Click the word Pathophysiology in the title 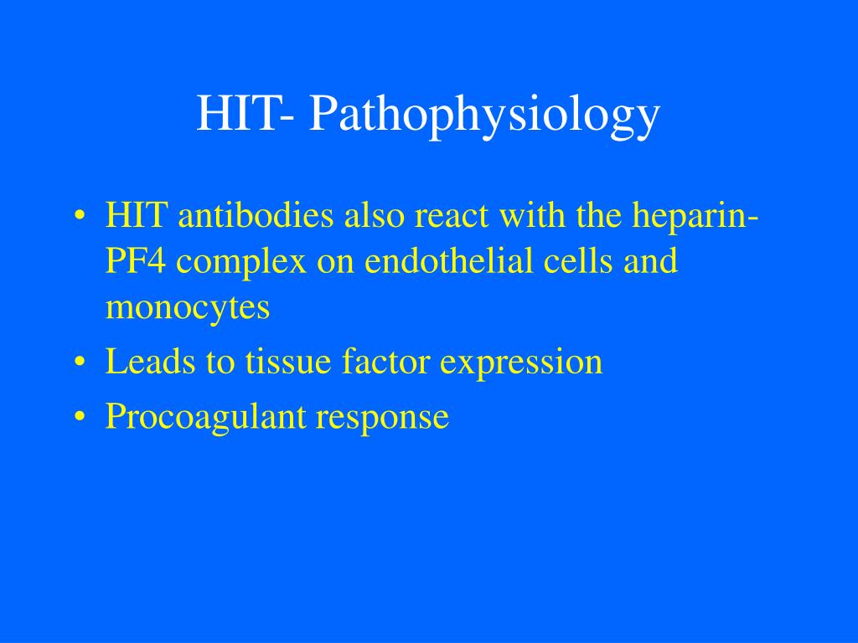tap(484, 116)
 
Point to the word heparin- tap(695, 218)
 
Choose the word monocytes tap(188, 308)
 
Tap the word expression tap(521, 363)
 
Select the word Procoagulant tap(204, 417)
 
